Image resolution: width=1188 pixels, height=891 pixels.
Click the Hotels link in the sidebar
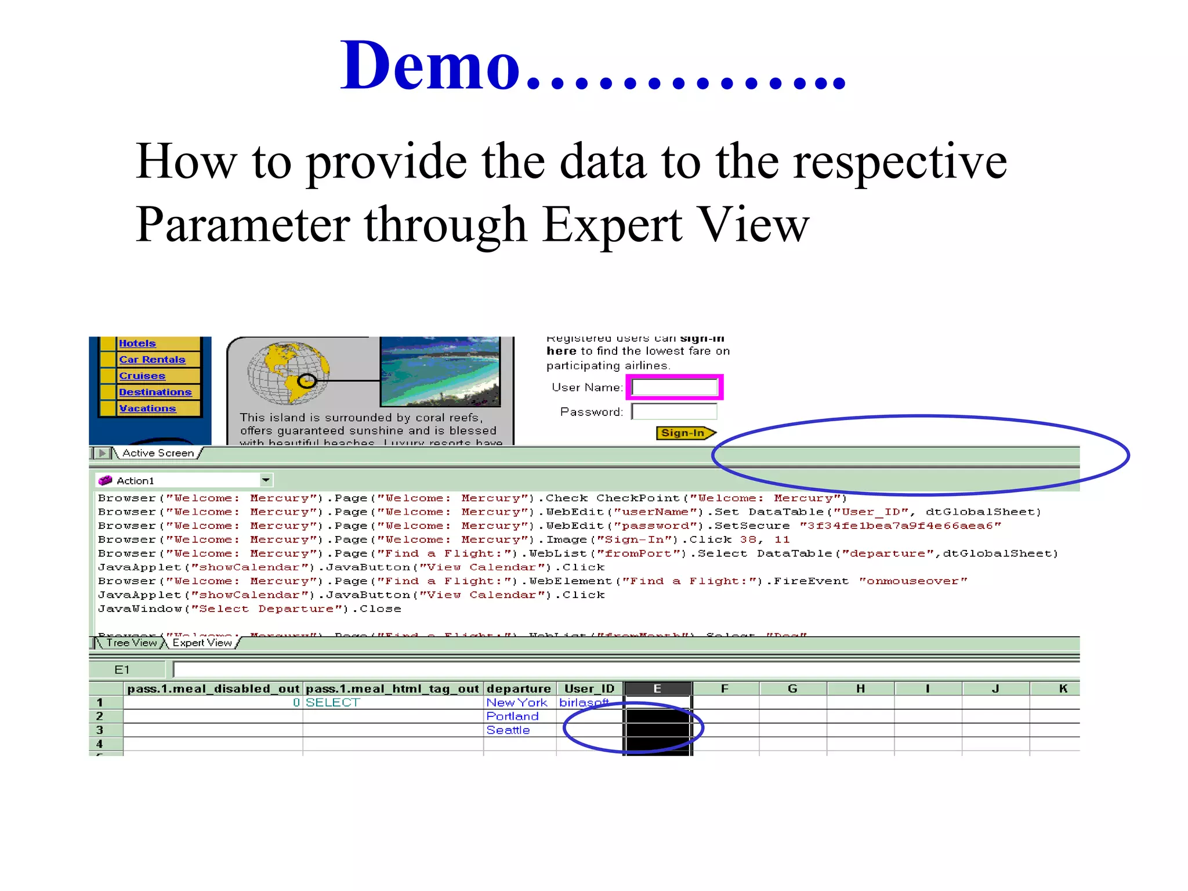[x=137, y=343]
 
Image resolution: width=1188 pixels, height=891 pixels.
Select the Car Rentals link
[x=152, y=360]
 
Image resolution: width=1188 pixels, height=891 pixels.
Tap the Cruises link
[x=142, y=376]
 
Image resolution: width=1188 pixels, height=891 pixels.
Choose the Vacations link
[x=147, y=408]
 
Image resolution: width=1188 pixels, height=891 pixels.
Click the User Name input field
[x=675, y=387]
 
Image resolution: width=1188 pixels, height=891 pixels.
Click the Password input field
[x=675, y=412]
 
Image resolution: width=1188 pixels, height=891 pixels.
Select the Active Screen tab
[x=158, y=453]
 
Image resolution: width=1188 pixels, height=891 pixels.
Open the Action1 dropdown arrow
[x=266, y=480]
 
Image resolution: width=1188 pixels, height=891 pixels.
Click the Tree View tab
[x=132, y=643]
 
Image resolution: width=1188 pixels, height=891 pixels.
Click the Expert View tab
[x=202, y=643]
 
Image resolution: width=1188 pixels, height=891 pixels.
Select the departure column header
[x=519, y=689]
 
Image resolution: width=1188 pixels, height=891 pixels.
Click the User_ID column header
[x=589, y=689]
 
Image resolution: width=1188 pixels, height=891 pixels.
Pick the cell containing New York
[x=517, y=702]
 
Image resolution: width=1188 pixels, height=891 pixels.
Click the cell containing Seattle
[x=509, y=730]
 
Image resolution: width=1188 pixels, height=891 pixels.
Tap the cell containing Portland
[x=513, y=716]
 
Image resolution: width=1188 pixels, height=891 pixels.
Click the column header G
[x=792, y=689]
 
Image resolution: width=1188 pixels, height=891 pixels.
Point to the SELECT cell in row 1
[x=333, y=702]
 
